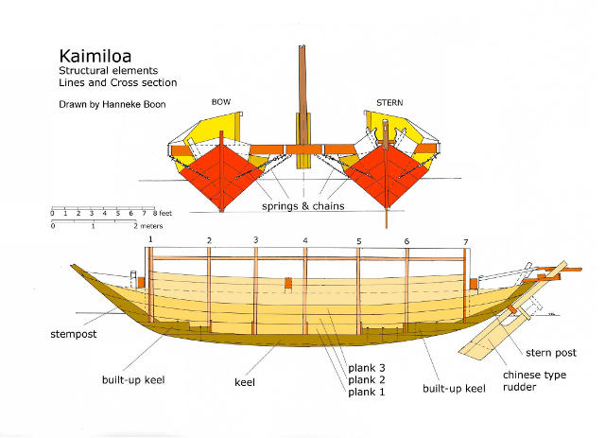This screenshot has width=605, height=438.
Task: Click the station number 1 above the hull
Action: pyautogui.click(x=150, y=240)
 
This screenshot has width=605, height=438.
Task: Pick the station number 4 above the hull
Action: pyautogui.click(x=304, y=241)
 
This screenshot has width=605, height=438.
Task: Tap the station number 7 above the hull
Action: pyautogui.click(x=465, y=241)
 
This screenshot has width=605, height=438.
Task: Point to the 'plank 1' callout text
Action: pyautogui.click(x=364, y=392)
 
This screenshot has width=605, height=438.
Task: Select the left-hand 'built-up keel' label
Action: pyautogui.click(x=134, y=379)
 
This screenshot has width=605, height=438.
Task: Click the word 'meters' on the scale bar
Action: pyautogui.click(x=152, y=227)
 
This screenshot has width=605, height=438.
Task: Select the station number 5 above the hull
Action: pyautogui.click(x=359, y=241)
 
